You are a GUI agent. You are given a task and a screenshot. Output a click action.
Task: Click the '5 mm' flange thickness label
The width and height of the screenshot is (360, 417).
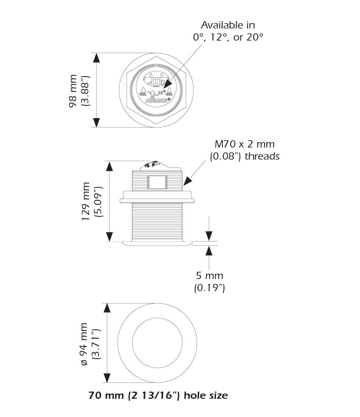click(x=209, y=276)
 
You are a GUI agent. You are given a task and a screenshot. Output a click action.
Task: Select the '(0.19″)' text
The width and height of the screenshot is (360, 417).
click(x=209, y=288)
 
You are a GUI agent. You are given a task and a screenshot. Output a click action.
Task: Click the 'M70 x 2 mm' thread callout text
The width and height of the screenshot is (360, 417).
click(x=244, y=144)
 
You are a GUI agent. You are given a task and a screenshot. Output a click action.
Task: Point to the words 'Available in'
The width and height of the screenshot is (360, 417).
click(x=227, y=25)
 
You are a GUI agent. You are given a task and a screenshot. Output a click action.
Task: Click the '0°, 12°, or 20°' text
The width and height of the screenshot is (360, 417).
click(x=227, y=38)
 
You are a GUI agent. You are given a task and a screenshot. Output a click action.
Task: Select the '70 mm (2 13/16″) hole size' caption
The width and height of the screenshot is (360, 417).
click(x=158, y=396)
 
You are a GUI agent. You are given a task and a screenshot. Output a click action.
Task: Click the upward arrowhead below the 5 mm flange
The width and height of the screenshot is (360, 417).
click(x=209, y=250)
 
